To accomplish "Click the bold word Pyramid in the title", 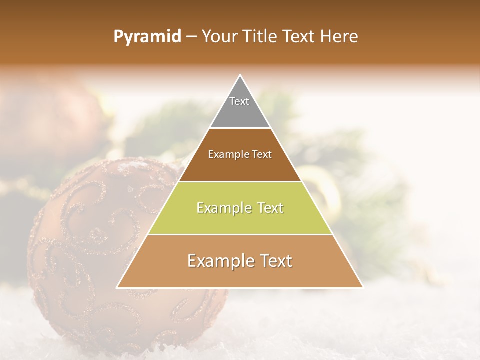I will coord(147,37).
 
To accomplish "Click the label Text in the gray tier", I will coord(239,101).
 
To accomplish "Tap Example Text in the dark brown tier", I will coord(240,154).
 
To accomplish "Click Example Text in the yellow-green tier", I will coord(240,208).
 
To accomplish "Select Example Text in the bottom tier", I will coord(240,261).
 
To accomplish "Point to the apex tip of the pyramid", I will coord(240,76).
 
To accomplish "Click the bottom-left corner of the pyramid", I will coord(118,287).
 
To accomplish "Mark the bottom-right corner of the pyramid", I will coord(362,287).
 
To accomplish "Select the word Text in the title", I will coord(299,37).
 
